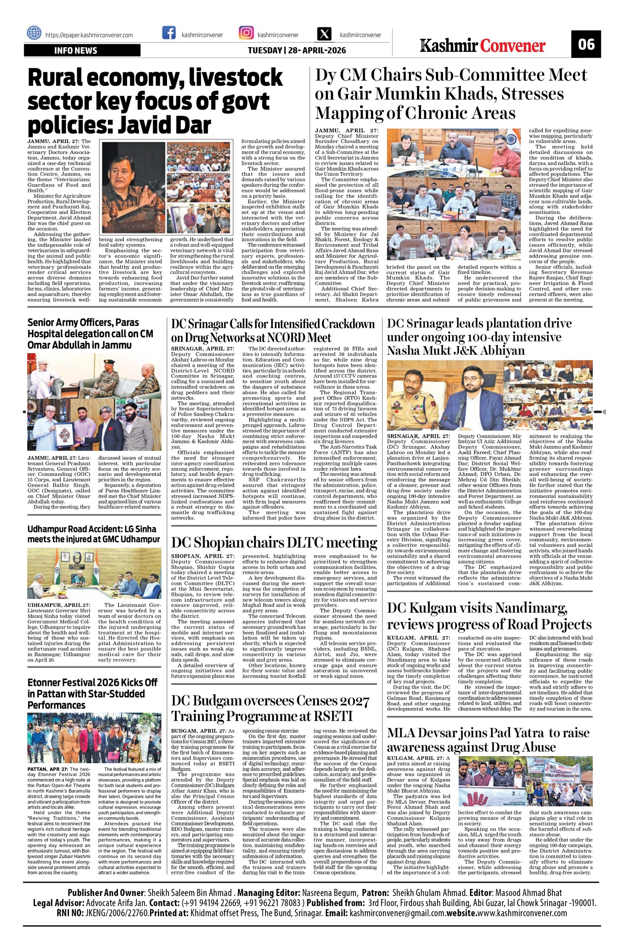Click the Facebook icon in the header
pos(169,33)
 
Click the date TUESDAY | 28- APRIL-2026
pos(296,51)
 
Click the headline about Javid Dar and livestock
pos(155,101)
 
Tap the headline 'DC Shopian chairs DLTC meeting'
pos(274,543)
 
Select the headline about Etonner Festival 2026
pos(92,693)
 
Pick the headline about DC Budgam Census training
pos(271,708)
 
